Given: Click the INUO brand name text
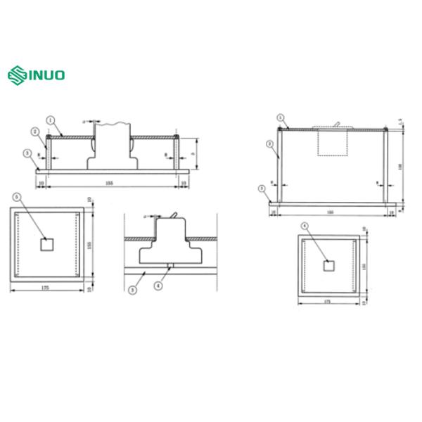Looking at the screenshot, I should pyautogui.click(x=47, y=74).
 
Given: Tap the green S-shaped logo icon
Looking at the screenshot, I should pyautogui.click(x=16, y=74).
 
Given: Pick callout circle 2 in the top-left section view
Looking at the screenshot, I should pyautogui.click(x=34, y=132).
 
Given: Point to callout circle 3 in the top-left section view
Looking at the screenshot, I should pyautogui.click(x=27, y=153).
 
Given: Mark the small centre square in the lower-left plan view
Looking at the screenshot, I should pyautogui.click(x=46, y=244).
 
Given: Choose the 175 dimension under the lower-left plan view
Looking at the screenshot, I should pyautogui.click(x=46, y=287).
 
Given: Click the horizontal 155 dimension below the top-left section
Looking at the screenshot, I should pyautogui.click(x=109, y=182).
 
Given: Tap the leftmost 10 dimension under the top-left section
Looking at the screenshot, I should pyautogui.click(x=41, y=182).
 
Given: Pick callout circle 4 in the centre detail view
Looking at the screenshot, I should pyautogui.click(x=158, y=286).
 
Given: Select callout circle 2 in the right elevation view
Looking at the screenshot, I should pyautogui.click(x=270, y=143).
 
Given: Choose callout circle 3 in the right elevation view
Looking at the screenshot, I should pyautogui.click(x=262, y=188).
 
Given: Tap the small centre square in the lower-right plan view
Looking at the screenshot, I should pyautogui.click(x=328, y=265).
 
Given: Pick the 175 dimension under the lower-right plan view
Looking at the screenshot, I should pyautogui.click(x=327, y=301).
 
